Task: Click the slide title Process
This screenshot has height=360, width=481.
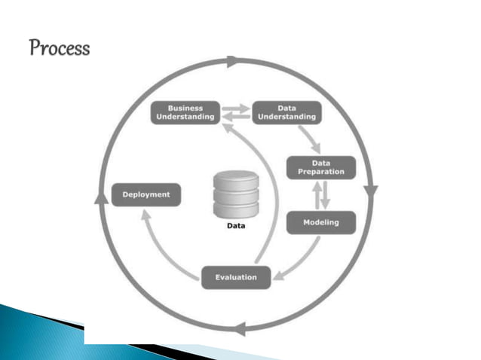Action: click(60, 49)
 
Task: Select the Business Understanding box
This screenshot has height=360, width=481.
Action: click(185, 112)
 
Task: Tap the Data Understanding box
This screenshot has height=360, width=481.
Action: click(286, 112)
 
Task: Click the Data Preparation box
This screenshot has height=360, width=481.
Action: click(320, 167)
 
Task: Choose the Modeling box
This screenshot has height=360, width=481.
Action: click(320, 222)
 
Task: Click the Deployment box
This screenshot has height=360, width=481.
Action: click(146, 194)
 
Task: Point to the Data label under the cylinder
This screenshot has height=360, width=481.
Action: click(237, 225)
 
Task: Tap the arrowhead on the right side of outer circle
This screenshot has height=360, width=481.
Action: click(370, 191)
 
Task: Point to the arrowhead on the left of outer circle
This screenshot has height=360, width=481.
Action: click(99, 197)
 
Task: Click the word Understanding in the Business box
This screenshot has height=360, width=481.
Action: click(185, 117)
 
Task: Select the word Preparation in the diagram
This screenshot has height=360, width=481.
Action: click(321, 172)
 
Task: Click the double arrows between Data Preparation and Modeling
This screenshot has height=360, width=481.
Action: click(320, 195)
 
